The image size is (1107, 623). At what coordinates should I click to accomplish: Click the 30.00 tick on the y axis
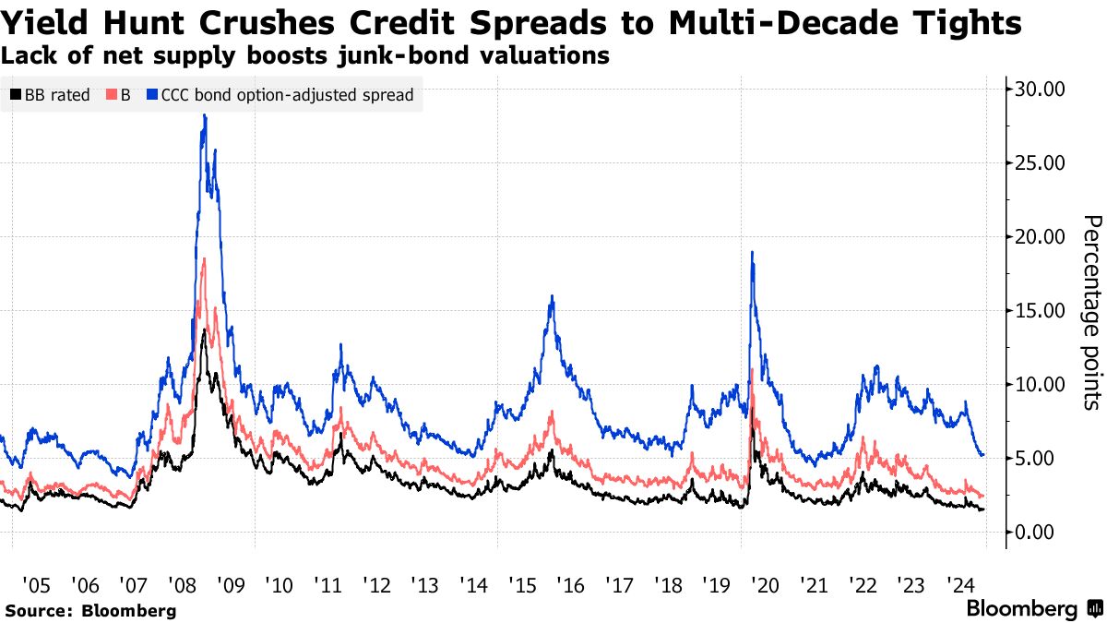click(1040, 90)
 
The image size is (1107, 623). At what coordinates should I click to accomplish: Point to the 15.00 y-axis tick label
click(1040, 311)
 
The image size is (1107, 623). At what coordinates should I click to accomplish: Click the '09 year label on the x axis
click(230, 585)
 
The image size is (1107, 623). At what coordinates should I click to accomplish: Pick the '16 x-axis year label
click(570, 585)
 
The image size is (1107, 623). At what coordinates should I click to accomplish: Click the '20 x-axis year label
click(765, 585)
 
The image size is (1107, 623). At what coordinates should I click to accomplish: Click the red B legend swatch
click(113, 95)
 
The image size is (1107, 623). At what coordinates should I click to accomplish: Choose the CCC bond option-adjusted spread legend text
click(287, 95)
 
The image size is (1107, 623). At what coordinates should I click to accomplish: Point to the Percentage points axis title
click(1091, 311)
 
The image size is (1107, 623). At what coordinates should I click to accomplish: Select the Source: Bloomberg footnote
click(89, 610)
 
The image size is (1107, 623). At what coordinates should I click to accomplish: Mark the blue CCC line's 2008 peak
click(204, 115)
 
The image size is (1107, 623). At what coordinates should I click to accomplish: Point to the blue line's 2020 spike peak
click(753, 252)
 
